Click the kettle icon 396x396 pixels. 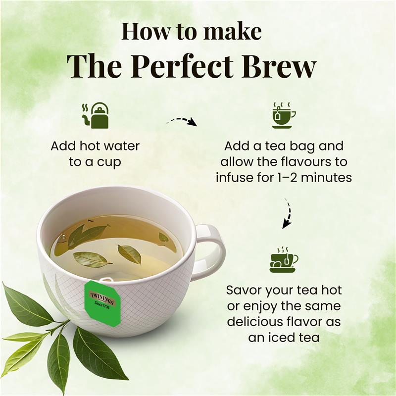[95, 116]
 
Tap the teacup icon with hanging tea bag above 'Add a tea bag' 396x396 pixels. [283, 115]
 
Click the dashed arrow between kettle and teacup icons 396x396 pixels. [182, 120]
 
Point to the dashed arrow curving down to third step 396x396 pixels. [288, 213]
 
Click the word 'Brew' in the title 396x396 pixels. [279, 66]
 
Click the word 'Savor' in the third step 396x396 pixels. [242, 291]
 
